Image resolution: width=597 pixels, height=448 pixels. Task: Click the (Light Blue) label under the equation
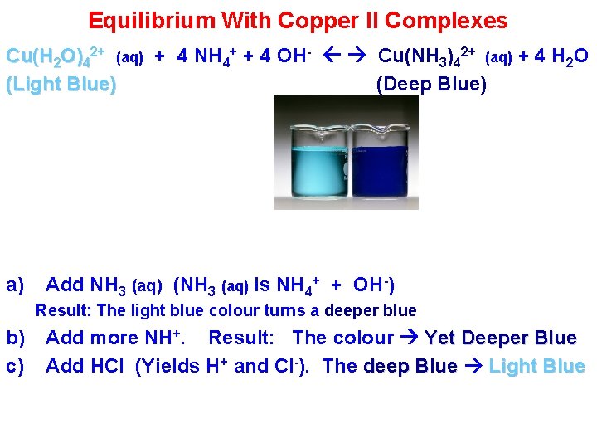tap(61, 85)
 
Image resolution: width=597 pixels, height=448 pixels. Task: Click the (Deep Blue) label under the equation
tap(431, 85)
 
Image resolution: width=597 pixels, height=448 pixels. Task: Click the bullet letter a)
tap(15, 285)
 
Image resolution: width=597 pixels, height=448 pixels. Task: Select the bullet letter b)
tap(15, 338)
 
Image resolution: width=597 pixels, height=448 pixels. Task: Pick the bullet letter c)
tap(15, 366)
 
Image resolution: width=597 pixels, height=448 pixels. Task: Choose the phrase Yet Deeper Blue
tap(500, 338)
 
